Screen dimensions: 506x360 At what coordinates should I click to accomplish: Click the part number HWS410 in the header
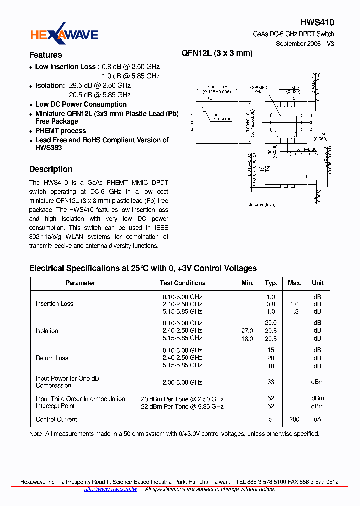pos(317,22)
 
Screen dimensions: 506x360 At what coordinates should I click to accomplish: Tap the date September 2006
pos(298,44)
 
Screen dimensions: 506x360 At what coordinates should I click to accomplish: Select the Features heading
pos(45,55)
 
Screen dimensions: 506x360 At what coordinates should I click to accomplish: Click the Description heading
pos(51,169)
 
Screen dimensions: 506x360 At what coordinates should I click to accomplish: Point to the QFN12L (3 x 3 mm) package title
pos(217,53)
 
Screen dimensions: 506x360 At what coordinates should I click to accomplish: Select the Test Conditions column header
pos(182,283)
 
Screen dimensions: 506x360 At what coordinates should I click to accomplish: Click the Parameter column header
pos(80,283)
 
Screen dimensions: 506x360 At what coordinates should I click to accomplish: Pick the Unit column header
pos(318,283)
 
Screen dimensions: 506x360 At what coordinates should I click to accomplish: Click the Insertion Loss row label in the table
pos(54,304)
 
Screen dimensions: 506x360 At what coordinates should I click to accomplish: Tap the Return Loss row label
pos(52,358)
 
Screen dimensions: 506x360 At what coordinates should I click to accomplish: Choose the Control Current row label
pos(56,419)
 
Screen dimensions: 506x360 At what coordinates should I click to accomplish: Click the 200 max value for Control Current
pos(294,419)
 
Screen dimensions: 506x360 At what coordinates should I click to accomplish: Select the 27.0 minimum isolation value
pos(247,331)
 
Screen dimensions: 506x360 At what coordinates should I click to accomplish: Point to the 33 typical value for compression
pos(271,382)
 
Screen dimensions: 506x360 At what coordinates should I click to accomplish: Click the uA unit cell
pos(317,419)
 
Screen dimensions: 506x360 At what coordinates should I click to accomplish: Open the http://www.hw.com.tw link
pos(110,489)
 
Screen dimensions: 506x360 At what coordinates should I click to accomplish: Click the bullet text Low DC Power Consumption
pos(81,104)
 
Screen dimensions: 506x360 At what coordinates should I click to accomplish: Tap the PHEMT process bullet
pos(60,131)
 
